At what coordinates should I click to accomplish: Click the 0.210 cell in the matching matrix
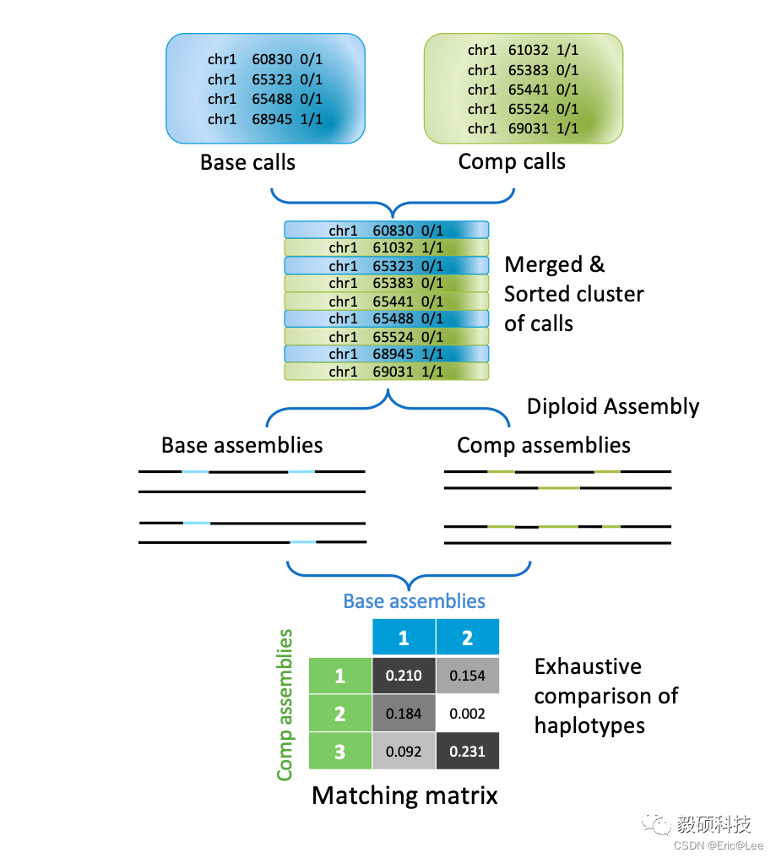(x=404, y=676)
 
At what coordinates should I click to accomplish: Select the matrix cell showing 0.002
(x=467, y=714)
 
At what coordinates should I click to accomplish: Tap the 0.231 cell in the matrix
(x=467, y=751)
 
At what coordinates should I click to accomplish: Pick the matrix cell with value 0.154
(x=467, y=676)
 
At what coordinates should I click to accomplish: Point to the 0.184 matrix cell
(x=404, y=714)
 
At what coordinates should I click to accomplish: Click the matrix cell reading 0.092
(x=404, y=751)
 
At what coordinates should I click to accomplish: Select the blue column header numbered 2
(x=467, y=638)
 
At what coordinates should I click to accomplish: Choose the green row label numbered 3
(x=339, y=751)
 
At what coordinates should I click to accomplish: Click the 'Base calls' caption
(x=247, y=162)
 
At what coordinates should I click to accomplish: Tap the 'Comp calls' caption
(x=512, y=161)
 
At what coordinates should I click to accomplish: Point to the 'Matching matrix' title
(x=404, y=795)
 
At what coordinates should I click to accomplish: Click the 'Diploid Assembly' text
(x=613, y=406)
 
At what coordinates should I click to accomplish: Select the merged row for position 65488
(x=386, y=318)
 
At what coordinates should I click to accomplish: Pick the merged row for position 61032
(x=386, y=247)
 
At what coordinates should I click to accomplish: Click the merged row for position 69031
(x=386, y=372)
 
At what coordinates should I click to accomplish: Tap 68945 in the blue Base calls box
(x=272, y=119)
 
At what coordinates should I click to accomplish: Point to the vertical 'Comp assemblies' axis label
(x=285, y=704)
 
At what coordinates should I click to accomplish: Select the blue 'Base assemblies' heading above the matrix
(x=414, y=601)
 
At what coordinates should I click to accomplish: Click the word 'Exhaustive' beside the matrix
(x=588, y=666)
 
